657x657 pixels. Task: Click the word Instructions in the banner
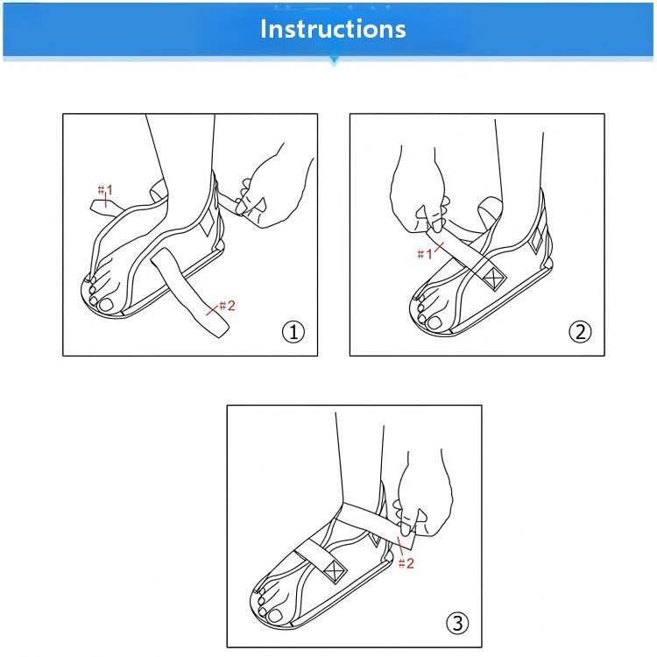click(333, 29)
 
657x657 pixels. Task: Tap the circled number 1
click(293, 332)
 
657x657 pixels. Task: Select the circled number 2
click(580, 332)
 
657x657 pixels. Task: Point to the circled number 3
click(457, 623)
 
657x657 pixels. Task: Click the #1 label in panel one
click(105, 191)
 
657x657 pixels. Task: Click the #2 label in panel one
click(227, 306)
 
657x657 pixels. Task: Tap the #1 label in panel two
click(425, 254)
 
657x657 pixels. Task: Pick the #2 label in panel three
click(406, 563)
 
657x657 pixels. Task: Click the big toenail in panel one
click(106, 304)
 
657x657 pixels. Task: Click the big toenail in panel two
click(434, 322)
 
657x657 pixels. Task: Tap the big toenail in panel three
click(275, 616)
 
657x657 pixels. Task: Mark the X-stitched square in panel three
click(335, 570)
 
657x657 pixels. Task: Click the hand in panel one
click(272, 188)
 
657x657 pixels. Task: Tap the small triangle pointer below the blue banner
click(334, 61)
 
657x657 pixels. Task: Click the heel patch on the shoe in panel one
click(208, 222)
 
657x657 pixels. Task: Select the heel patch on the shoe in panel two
click(536, 242)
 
